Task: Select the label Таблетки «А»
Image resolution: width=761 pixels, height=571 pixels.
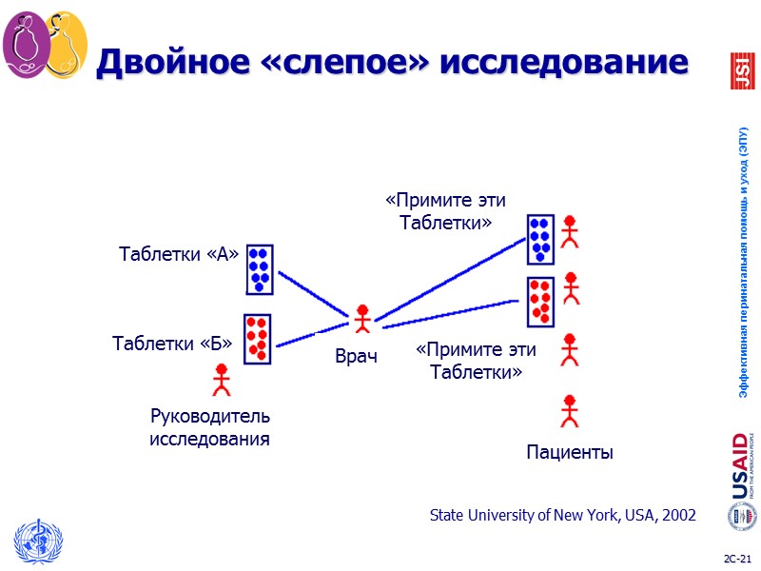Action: (x=178, y=254)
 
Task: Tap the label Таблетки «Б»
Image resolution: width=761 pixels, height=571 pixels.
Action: (x=172, y=343)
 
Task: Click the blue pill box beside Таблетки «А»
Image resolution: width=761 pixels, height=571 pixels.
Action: (x=260, y=269)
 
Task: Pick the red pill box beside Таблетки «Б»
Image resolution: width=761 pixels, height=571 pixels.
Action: (x=257, y=339)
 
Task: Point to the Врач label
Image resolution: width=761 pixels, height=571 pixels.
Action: (x=357, y=357)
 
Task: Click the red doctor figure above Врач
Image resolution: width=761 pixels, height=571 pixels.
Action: (x=361, y=319)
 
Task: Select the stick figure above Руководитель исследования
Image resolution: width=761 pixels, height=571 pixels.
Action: (x=222, y=379)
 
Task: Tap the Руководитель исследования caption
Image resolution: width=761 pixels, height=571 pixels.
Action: (x=210, y=427)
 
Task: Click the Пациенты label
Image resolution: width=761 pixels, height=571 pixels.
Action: (x=570, y=453)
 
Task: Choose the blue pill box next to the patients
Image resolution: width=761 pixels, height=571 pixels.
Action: (x=540, y=238)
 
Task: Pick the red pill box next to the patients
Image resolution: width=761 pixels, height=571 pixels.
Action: (x=540, y=301)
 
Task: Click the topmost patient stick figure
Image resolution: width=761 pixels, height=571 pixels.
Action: (x=570, y=230)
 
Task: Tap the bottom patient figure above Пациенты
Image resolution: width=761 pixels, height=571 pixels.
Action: (x=570, y=410)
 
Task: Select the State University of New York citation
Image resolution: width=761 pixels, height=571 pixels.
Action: (x=562, y=516)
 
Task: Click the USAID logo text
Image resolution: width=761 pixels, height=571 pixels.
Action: (x=740, y=466)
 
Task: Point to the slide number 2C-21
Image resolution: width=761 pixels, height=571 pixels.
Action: (x=737, y=557)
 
